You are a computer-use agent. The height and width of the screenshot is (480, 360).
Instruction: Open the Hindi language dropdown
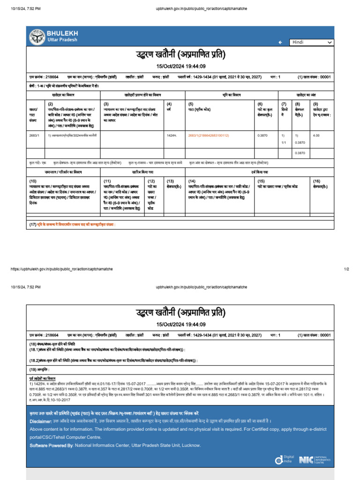(x=311, y=42)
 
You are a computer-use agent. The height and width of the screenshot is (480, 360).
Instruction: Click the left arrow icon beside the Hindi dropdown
(x=280, y=42)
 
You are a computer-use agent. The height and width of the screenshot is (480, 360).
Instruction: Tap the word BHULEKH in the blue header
(x=62, y=33)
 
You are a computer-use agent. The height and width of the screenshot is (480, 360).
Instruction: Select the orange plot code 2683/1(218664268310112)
(x=208, y=135)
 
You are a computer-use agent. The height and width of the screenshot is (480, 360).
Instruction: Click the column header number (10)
(x=33, y=180)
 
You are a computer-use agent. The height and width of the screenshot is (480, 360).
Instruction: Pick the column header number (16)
(x=317, y=180)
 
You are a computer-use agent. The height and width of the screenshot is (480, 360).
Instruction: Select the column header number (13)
(x=170, y=180)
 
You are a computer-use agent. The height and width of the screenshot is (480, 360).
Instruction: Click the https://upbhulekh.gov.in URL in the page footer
(x=61, y=269)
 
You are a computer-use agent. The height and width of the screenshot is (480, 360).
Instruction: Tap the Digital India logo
(x=284, y=460)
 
